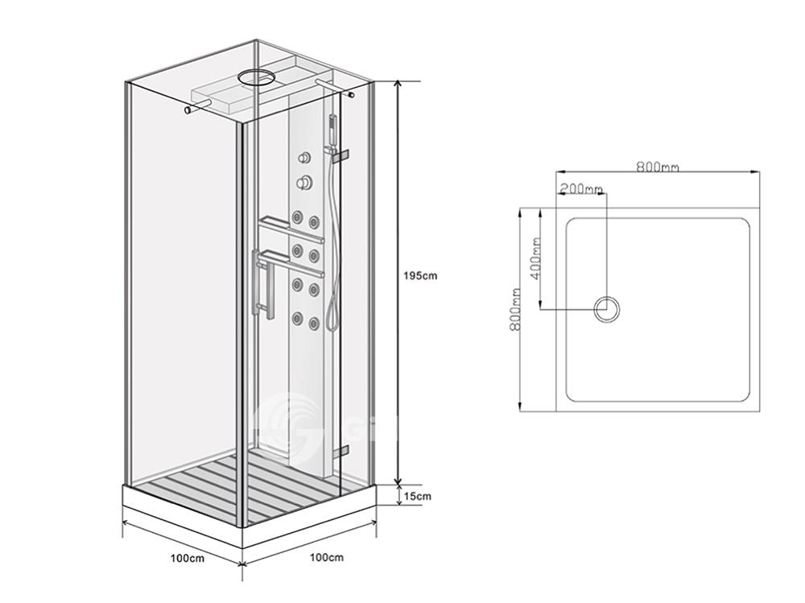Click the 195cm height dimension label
[420, 275]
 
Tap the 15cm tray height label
[417, 496]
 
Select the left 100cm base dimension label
[188, 557]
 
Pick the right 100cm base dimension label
[327, 557]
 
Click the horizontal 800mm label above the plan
[658, 167]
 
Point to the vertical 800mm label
[516, 308]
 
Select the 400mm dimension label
[536, 258]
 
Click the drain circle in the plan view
[607, 309]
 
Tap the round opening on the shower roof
[256, 77]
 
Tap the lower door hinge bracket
[341, 450]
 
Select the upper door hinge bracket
[341, 156]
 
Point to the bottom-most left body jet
[297, 319]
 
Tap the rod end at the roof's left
[188, 110]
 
